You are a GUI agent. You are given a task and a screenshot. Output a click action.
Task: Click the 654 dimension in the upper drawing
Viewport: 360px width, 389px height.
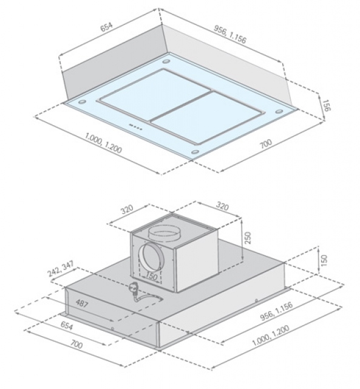coord(106,27)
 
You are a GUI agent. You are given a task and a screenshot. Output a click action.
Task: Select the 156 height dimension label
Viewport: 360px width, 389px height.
coord(327,105)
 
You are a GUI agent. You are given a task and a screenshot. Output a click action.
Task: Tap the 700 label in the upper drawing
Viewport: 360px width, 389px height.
coord(266,143)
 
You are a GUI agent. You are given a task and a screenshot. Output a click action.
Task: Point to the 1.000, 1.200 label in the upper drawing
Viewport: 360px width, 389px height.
coord(103,143)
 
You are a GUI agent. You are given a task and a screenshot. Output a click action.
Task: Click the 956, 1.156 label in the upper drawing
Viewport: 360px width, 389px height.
coord(230,34)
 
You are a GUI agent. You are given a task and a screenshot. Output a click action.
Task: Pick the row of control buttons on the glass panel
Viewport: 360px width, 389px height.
coord(135,127)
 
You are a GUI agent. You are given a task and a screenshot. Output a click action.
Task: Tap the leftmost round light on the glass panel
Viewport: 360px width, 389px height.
coord(82,102)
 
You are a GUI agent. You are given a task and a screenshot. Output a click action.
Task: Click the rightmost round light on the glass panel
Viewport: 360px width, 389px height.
coord(279,111)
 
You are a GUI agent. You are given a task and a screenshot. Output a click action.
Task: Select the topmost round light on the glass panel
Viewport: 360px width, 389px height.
coord(166,61)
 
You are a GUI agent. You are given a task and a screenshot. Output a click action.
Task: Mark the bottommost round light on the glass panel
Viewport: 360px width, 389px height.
coord(195,151)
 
